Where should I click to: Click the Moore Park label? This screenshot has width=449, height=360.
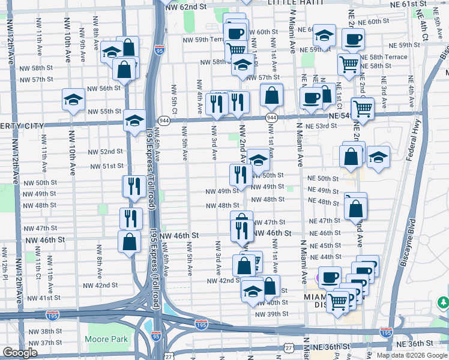[106, 339]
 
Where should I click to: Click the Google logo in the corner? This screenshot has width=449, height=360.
[20, 353]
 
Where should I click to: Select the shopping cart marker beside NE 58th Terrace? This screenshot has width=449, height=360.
[348, 64]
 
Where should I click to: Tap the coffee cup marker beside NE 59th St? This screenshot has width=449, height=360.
[353, 39]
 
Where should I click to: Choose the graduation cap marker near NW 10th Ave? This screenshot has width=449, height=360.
[73, 99]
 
